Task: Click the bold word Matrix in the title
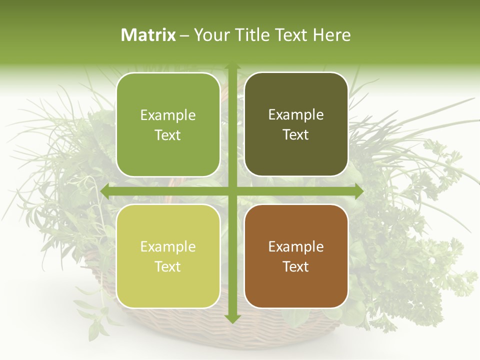[x=148, y=35]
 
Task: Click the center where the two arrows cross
[x=232, y=191]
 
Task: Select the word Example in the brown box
[x=296, y=246]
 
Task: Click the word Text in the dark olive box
[x=296, y=134]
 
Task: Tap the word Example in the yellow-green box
[x=168, y=246]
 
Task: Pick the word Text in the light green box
[x=168, y=135]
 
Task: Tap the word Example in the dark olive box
[x=296, y=114]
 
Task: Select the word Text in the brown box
[x=296, y=266]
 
